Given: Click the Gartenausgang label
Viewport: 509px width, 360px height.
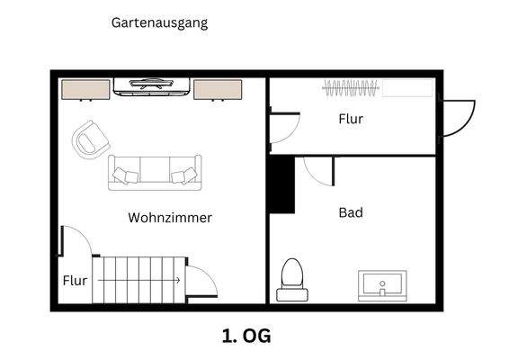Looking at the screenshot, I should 158,23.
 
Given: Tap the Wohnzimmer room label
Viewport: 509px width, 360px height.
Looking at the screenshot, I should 170,218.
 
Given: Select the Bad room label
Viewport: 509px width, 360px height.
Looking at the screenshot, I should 351,213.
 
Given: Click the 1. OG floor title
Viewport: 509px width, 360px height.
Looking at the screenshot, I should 246,337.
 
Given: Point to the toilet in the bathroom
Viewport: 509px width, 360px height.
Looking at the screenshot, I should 291,279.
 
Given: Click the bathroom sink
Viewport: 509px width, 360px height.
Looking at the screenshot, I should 384,285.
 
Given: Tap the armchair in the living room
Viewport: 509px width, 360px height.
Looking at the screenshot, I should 90,140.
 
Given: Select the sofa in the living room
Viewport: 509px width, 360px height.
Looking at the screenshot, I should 155,172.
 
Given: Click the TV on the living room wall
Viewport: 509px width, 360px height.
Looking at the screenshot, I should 151,86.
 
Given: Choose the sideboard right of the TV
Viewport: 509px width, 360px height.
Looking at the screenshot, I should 217,89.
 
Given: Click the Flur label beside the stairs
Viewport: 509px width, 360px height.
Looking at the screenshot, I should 76,281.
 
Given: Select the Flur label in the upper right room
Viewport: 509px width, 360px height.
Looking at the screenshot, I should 351,119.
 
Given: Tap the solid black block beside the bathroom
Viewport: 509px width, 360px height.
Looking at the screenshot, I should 282,185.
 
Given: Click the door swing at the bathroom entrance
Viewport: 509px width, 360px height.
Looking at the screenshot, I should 317,169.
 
